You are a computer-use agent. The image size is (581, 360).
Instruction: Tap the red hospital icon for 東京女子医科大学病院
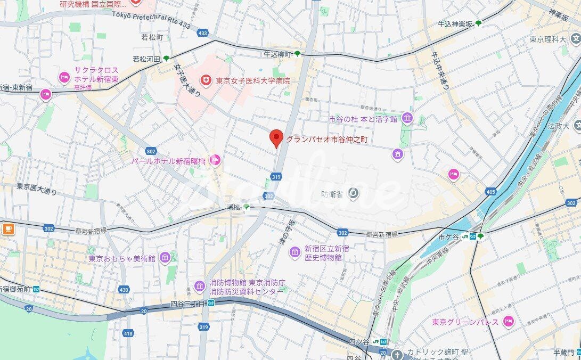pos(205,80)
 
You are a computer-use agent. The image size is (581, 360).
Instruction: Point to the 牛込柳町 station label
pos(278,54)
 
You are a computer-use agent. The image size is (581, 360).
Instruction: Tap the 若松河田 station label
pos(146,59)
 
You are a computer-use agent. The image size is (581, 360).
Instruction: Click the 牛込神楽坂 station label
pos(455,24)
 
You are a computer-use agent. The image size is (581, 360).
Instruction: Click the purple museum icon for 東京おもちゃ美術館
pos(165,258)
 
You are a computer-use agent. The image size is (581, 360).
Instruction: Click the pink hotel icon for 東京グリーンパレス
pos(509,322)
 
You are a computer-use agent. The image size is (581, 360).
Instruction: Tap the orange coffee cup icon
pos(8,229)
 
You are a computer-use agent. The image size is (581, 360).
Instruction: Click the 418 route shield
pos(127,333)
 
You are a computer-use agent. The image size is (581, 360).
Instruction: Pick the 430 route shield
pos(124,290)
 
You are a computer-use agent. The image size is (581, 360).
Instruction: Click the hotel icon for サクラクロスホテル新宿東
pos(64,78)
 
